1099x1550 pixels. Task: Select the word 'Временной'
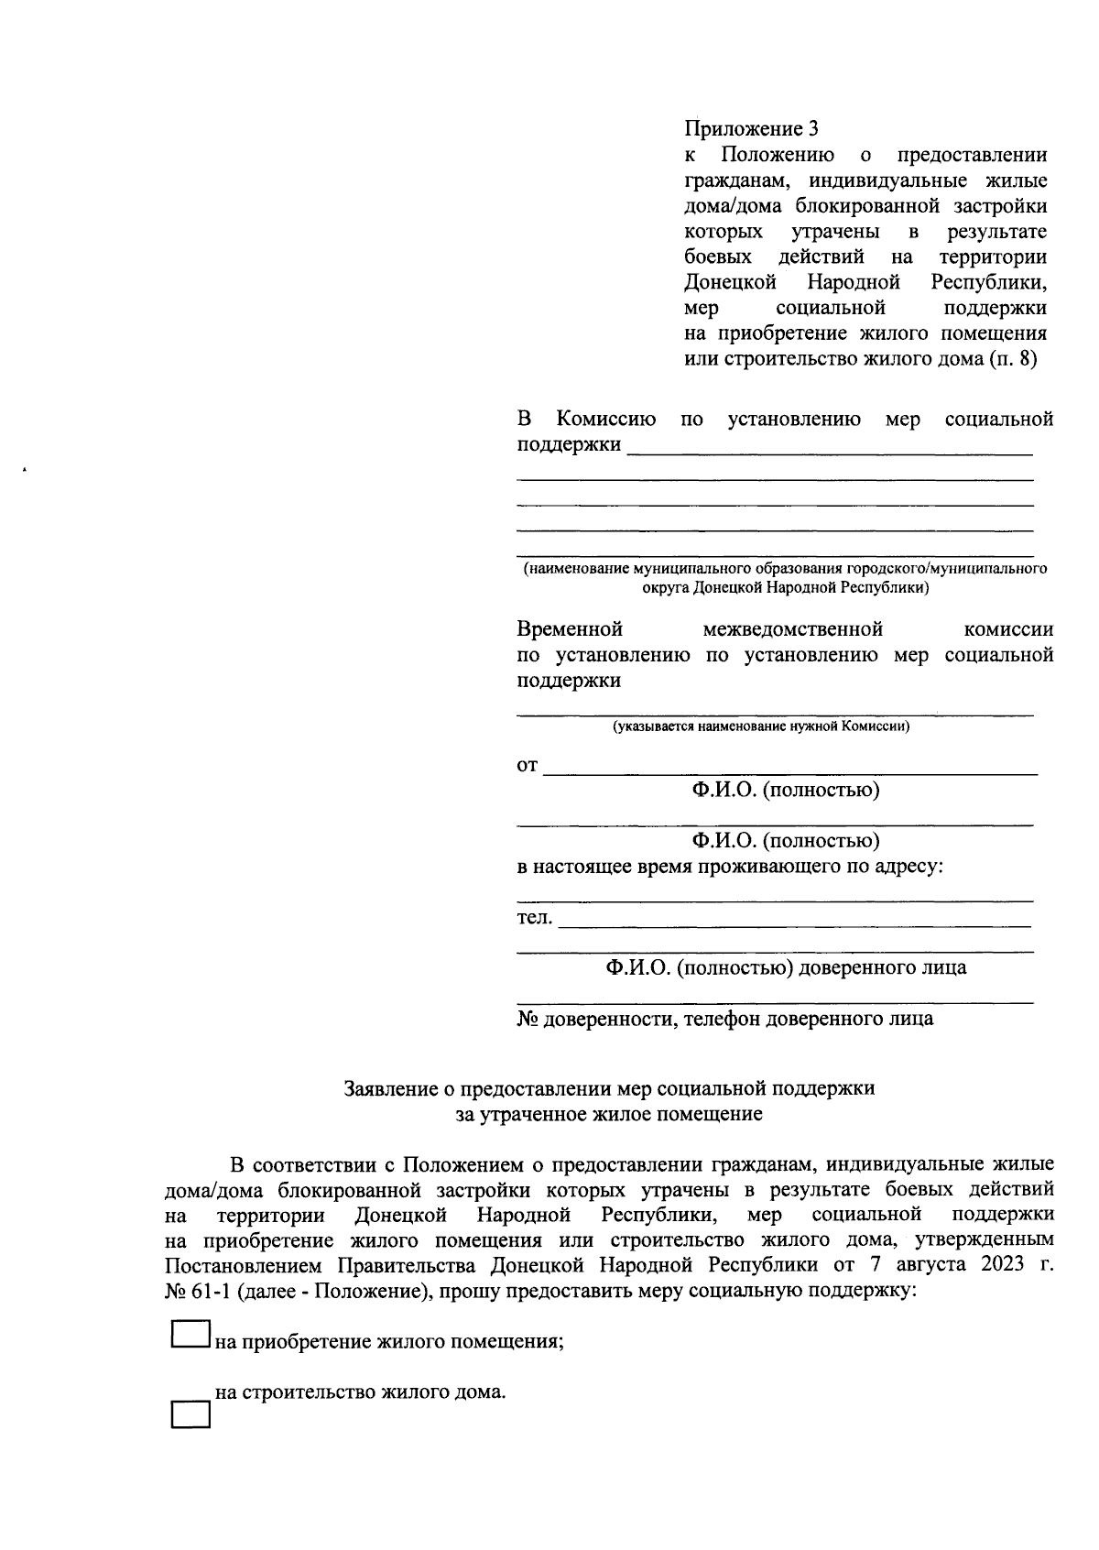[x=570, y=629]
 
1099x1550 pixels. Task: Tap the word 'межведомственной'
[x=792, y=629]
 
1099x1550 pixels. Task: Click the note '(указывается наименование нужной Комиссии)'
[x=761, y=727]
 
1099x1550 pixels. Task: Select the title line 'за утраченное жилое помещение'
[x=609, y=1114]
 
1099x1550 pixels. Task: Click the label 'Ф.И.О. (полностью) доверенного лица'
[x=785, y=967]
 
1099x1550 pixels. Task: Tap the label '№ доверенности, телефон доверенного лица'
[x=725, y=1019]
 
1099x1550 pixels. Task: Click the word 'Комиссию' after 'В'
[x=606, y=420]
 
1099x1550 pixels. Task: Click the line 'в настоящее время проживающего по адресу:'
[x=730, y=866]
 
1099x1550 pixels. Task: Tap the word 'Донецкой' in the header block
[x=731, y=281]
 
